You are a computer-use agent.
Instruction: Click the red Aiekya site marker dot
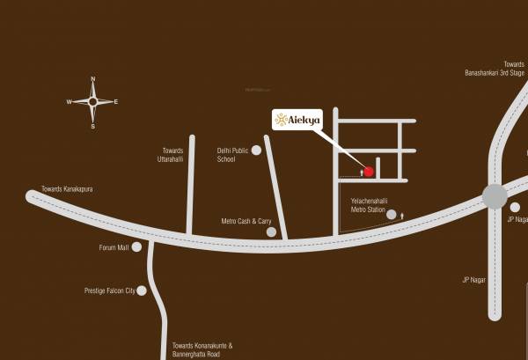coord(369,171)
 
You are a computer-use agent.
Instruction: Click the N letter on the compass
coord(92,80)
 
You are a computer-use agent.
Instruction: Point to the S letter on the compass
coord(92,126)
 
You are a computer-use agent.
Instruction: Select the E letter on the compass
coord(116,102)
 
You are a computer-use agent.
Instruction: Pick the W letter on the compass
coord(69,102)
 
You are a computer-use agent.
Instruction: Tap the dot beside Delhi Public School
coord(256,151)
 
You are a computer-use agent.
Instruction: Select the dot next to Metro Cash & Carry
coord(272,232)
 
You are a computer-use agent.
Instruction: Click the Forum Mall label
coord(114,248)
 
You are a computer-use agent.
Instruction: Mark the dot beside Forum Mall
coord(136,247)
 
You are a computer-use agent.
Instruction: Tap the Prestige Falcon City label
coord(109,290)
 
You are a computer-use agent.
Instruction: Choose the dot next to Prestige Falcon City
coord(142,290)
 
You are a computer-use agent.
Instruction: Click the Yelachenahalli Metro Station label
coord(368,206)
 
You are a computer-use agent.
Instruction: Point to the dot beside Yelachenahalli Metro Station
coord(392,214)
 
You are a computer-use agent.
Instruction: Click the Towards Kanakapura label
coord(67,189)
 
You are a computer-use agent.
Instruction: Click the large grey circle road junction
coord(495,196)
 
